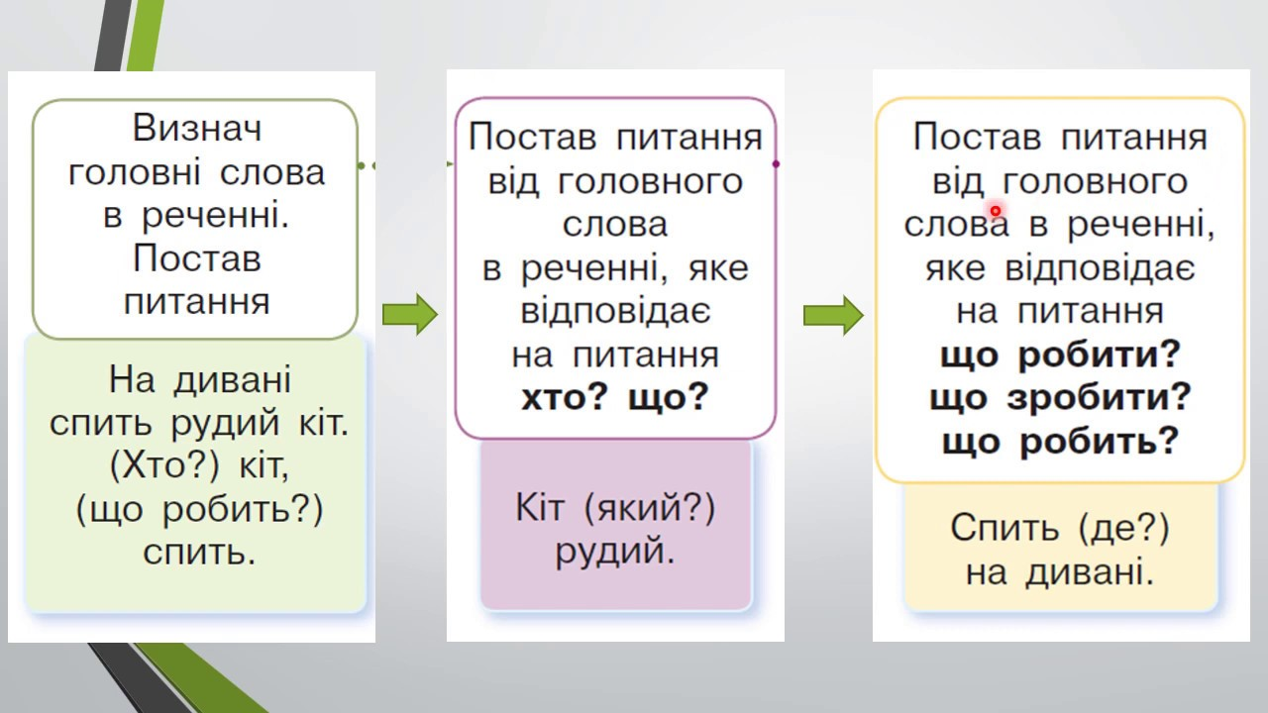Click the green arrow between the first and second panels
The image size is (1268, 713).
coord(410,315)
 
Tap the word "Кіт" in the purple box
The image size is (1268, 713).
coord(540,508)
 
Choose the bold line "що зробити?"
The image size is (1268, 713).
coord(1060,398)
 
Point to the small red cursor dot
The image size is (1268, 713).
coord(996,210)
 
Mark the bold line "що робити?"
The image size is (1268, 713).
coord(1060,356)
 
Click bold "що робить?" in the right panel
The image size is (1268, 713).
coord(1060,442)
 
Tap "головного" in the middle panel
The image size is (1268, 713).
coord(650,181)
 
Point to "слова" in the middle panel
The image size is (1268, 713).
coord(615,225)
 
